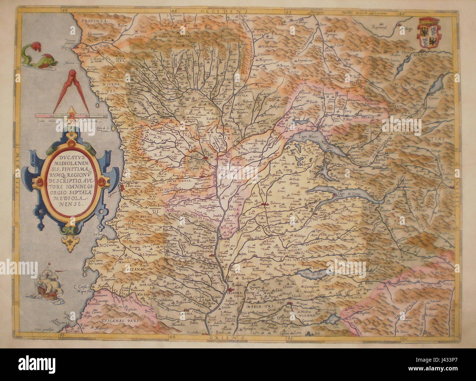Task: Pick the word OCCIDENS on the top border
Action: pos(223,12)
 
